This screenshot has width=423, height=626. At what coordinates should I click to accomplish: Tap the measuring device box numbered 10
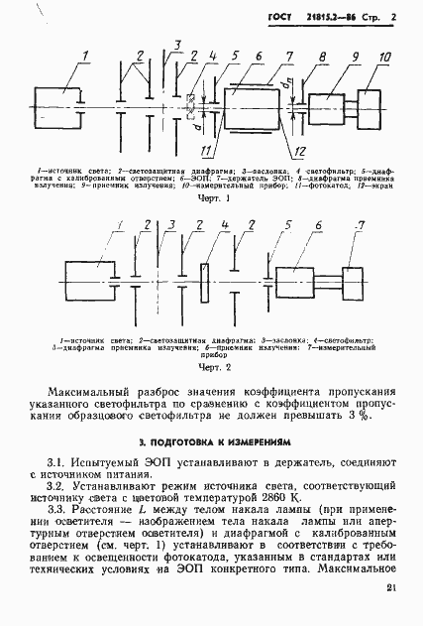365,103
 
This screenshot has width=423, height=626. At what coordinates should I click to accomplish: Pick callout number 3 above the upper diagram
176,45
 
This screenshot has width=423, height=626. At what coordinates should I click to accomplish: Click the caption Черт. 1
213,198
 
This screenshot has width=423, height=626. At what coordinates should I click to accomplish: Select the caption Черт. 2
213,368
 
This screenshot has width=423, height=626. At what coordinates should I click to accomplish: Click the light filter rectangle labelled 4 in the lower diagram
204,282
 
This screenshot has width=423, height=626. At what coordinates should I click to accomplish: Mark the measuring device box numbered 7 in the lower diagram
353,279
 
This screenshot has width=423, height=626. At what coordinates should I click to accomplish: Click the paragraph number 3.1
58,463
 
